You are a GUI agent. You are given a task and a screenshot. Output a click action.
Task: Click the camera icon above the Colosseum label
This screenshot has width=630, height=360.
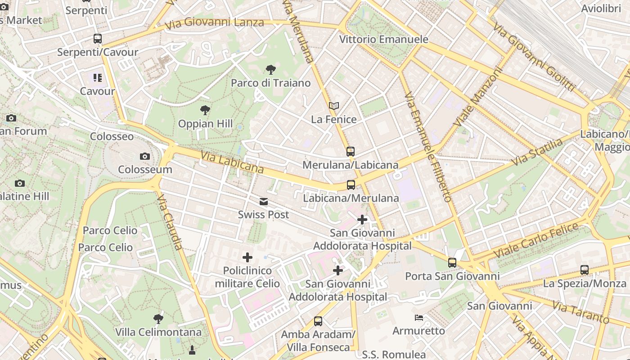click(144, 156)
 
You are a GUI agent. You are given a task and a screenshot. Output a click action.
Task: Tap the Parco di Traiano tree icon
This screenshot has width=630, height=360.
click(270, 69)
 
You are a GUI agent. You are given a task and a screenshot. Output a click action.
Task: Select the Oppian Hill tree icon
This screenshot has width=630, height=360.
click(205, 110)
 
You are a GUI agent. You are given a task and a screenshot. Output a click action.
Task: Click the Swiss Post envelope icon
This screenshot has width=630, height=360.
click(264, 202)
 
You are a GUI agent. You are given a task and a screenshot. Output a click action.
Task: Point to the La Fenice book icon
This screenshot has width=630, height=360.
click(333, 106)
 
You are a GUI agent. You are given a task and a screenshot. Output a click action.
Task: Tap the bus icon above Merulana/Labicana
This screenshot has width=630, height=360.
click(351, 152)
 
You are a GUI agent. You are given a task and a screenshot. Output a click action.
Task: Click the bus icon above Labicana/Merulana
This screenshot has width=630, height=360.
click(351, 184)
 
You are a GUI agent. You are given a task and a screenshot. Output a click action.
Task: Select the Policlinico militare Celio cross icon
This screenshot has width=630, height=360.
click(247, 257)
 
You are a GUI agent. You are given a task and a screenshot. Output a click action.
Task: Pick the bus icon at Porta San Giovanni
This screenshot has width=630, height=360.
click(452, 262)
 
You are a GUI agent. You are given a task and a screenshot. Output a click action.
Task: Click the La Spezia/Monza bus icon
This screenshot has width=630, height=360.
click(585, 270)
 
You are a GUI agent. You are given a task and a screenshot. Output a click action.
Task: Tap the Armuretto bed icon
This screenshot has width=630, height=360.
click(419, 318)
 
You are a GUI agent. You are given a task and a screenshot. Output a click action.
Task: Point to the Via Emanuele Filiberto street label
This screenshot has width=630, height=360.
click(427, 147)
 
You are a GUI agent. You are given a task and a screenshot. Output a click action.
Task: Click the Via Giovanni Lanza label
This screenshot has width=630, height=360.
click(214, 23)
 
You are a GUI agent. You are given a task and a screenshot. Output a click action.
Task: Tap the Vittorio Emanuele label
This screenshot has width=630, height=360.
click(383, 39)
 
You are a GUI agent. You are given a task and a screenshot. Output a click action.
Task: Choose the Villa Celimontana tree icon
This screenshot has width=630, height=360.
click(158, 319)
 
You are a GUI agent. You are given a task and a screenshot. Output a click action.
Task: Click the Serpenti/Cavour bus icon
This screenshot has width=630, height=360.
click(98, 39)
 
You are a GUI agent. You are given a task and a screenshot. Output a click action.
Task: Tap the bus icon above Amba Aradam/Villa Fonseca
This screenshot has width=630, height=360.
click(318, 321)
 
